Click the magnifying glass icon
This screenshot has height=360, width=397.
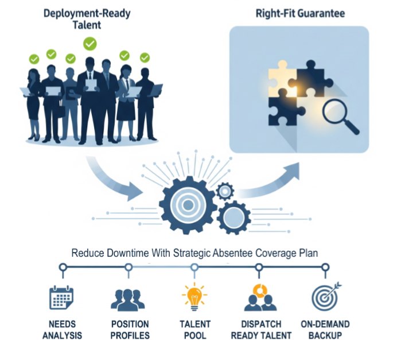tap(338, 115)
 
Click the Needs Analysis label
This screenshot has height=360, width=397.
tap(62, 330)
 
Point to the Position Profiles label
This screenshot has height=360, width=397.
tap(130, 330)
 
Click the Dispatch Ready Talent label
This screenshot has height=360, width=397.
tap(260, 330)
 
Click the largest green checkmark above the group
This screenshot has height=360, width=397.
tap(90, 43)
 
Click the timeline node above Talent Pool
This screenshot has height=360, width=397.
tap(194, 267)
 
